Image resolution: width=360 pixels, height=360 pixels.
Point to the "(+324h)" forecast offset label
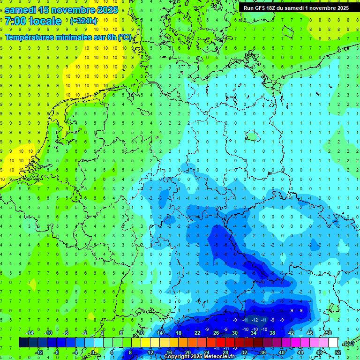83,21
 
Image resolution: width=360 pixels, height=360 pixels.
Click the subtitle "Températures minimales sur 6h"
61,37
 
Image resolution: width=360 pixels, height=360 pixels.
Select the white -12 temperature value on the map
255,320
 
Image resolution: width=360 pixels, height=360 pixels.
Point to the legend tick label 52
338,352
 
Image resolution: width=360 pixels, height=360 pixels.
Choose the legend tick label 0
93,352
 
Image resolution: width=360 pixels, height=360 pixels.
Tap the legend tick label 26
216,332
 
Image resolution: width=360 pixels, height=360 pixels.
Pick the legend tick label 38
272,332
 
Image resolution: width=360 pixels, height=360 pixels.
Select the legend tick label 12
150,352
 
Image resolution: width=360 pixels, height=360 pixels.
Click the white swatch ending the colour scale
333,342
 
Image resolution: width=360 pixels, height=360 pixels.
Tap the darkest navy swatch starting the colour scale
23,342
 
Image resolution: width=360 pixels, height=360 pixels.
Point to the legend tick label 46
310,332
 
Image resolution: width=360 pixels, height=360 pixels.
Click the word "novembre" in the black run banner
321,8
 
